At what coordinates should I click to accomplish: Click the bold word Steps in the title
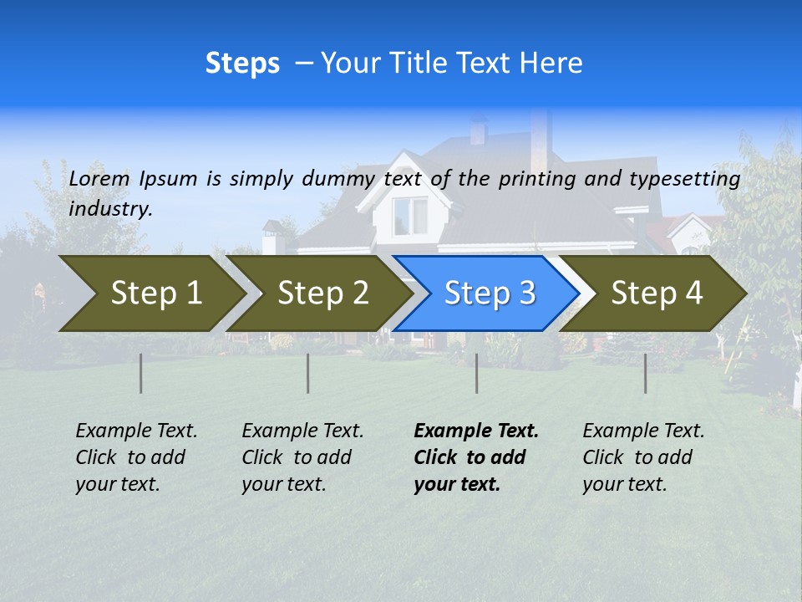tap(242, 63)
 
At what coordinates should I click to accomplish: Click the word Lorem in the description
tap(99, 178)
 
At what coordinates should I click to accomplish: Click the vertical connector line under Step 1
tap(140, 373)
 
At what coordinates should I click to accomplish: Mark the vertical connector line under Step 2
tap(307, 373)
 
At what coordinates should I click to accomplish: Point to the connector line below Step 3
tap(476, 373)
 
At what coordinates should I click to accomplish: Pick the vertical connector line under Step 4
tap(645, 373)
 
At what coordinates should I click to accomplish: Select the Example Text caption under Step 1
tap(135, 457)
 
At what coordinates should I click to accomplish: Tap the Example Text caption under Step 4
tap(642, 457)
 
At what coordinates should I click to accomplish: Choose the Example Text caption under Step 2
tap(302, 457)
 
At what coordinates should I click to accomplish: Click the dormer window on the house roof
tap(409, 215)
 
